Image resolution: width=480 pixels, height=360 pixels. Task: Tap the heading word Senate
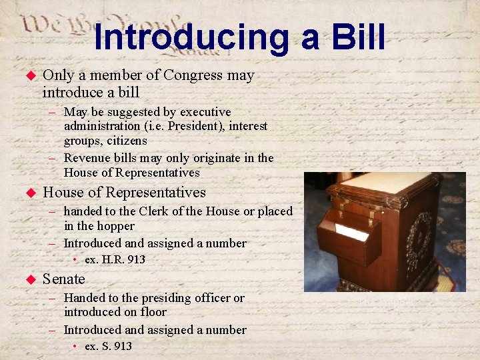pyautogui.click(x=64, y=279)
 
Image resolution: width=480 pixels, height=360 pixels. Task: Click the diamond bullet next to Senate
pyautogui.click(x=29, y=279)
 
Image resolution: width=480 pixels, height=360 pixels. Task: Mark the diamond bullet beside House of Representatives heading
pyautogui.click(x=29, y=193)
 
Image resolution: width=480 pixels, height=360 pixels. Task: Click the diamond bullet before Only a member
pyautogui.click(x=29, y=76)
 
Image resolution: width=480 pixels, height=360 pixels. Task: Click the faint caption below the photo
pyautogui.click(x=386, y=303)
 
